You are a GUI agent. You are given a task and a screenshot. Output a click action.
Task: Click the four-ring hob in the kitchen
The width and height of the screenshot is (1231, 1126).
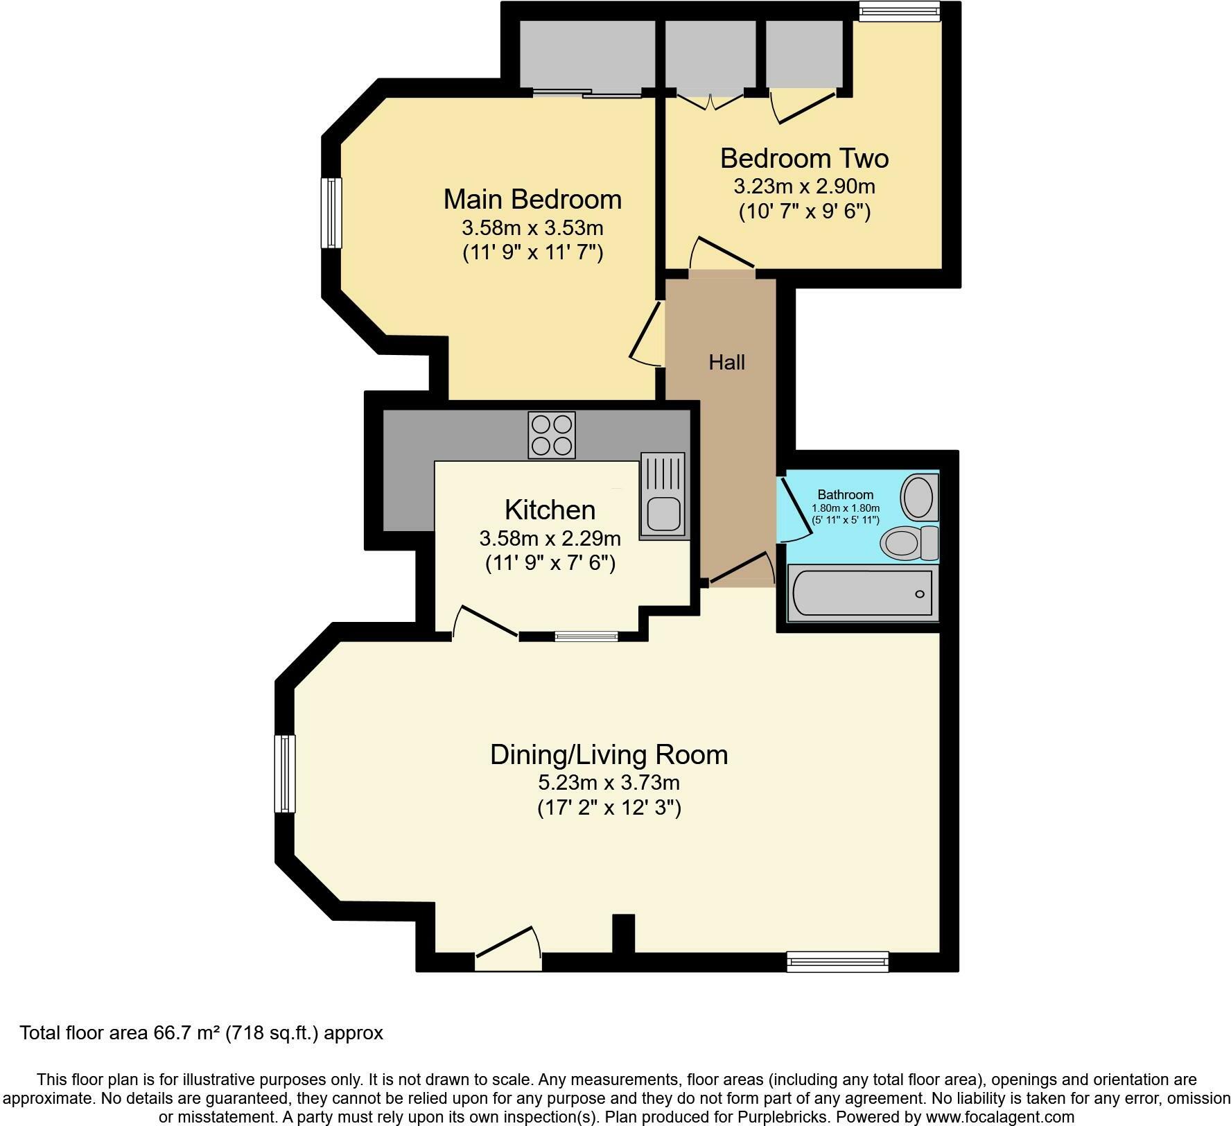pos(552,435)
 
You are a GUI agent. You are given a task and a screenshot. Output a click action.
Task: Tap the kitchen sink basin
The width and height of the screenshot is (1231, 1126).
pos(663,514)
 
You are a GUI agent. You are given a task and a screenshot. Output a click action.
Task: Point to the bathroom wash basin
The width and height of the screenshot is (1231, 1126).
pos(919,496)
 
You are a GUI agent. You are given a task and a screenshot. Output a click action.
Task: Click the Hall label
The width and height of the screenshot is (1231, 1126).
pos(726,362)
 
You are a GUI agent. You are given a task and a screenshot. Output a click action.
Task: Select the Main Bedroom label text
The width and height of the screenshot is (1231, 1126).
pos(532,200)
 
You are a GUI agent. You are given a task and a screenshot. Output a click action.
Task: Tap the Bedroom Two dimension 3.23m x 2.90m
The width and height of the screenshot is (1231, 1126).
pos(804,187)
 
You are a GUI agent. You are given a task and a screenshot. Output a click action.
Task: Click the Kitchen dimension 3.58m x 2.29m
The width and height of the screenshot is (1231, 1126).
pos(550,538)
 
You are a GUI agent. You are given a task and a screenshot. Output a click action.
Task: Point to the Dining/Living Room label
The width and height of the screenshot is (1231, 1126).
pos(609,754)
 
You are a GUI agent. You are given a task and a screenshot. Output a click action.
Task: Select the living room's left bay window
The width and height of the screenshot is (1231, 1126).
pos(285,773)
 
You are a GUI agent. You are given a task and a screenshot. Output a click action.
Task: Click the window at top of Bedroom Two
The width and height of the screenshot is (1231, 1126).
pos(899,11)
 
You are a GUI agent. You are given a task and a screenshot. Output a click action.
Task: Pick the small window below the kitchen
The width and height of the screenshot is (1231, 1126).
pos(586,636)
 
